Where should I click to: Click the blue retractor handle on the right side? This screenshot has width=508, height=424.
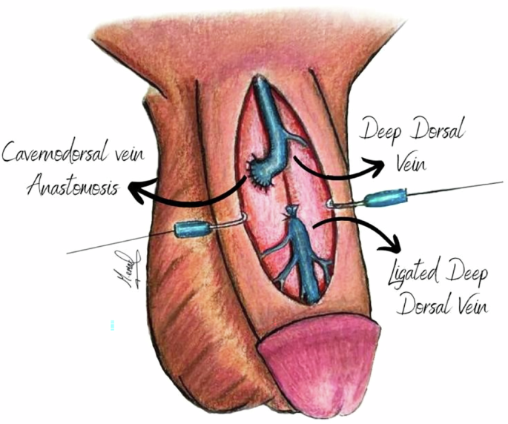(x=384, y=198)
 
